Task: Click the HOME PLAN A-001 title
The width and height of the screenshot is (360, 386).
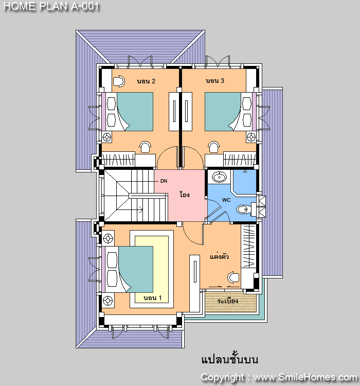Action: click(x=51, y=6)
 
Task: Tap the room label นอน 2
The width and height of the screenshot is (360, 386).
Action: click(x=146, y=81)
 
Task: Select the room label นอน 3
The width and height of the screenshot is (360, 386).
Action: click(x=215, y=81)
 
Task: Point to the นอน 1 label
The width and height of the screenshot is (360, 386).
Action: click(x=153, y=298)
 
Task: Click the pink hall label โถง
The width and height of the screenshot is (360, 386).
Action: click(x=185, y=195)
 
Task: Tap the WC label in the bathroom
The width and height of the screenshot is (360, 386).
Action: click(x=226, y=200)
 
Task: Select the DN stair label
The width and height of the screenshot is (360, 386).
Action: click(x=164, y=181)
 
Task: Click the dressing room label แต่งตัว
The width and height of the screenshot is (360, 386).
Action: click(x=219, y=256)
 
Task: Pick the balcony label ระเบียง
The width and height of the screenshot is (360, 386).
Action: click(x=228, y=301)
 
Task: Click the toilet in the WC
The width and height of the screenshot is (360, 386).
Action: click(x=244, y=209)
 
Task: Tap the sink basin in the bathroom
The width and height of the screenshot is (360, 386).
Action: click(x=219, y=177)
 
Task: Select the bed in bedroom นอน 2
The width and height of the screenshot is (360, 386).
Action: click(x=128, y=112)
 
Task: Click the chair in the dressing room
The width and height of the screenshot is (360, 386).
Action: click(x=233, y=277)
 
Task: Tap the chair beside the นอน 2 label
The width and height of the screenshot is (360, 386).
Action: click(x=119, y=81)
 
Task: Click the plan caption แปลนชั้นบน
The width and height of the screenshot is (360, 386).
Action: click(x=230, y=359)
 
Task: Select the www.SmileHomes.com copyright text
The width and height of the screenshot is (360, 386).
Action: click(x=305, y=377)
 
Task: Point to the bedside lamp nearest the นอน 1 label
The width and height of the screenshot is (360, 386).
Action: click(x=108, y=301)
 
